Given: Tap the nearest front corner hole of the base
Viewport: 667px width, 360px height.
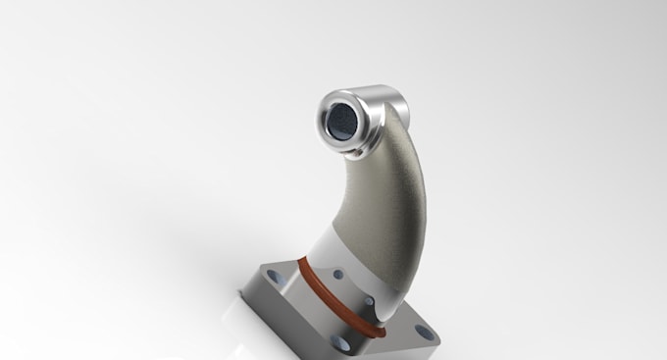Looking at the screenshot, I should coord(342,343).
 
